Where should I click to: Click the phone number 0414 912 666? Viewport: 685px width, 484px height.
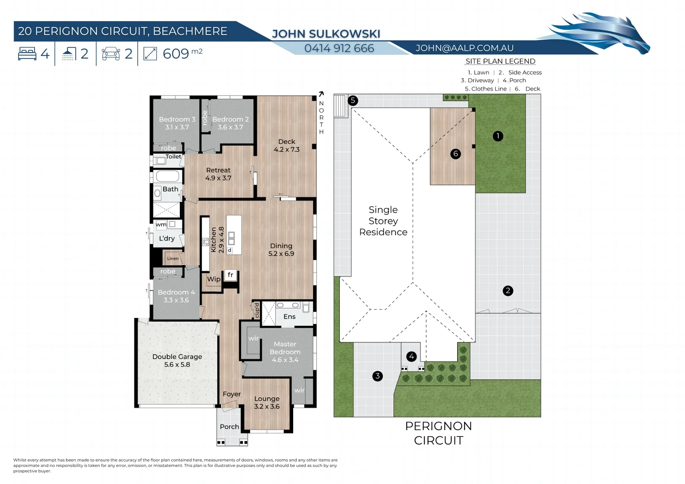[339, 48]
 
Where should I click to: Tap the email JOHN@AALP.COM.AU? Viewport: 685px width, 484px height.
[464, 48]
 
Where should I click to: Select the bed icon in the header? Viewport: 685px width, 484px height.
[27, 54]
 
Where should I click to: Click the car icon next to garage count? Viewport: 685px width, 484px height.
[111, 54]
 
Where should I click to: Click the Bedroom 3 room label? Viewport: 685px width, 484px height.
[177, 123]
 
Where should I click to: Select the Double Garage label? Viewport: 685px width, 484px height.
[177, 360]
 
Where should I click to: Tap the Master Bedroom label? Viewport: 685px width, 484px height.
[285, 352]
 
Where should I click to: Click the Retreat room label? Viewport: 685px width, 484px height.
[218, 174]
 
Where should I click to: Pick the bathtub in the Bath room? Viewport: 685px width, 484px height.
[168, 176]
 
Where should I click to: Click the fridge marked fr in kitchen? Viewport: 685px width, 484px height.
[230, 275]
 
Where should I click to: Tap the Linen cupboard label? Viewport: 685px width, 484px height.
[173, 259]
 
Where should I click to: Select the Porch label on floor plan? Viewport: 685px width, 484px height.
[229, 427]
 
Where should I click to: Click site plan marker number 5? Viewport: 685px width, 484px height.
[353, 100]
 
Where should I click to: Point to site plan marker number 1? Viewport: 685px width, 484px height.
[498, 136]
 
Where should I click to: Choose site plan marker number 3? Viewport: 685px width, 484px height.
[377, 376]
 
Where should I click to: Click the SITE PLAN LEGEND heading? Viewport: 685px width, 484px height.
[500, 61]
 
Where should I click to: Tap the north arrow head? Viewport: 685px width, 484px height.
[321, 94]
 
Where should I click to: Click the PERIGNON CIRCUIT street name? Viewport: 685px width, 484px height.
[438, 433]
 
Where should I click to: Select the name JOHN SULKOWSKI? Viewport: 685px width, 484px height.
[326, 34]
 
